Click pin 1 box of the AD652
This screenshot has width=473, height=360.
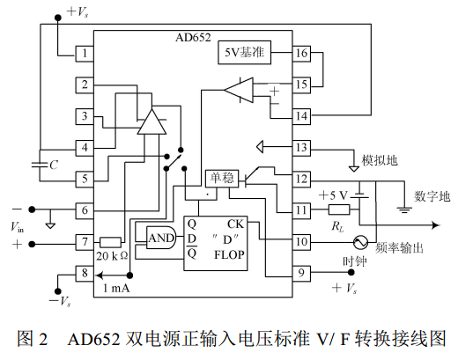click(85, 54)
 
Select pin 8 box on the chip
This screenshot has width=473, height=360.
click(85, 273)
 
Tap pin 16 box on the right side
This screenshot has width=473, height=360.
click(301, 54)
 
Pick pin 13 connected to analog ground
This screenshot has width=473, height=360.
click(301, 148)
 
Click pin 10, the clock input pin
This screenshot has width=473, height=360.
click(301, 242)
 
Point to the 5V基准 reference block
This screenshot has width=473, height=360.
click(244, 53)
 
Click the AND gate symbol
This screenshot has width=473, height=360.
click(161, 238)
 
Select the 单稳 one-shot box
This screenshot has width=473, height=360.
click(222, 179)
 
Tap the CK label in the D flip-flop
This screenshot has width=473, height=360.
click(235, 224)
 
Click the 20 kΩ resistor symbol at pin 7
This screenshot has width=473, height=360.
click(110, 242)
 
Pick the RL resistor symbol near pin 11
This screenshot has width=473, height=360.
click(339, 209)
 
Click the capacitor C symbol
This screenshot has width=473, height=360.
click(40, 165)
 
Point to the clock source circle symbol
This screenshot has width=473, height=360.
click(361, 242)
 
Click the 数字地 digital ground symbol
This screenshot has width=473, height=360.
click(404, 209)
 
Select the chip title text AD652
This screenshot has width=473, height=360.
click(193, 37)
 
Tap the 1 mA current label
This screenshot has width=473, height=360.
click(116, 288)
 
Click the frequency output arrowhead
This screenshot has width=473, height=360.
click(437, 225)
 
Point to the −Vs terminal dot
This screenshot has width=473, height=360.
click(57, 291)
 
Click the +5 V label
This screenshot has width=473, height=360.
click(333, 195)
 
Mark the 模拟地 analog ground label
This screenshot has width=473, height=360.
click(380, 160)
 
